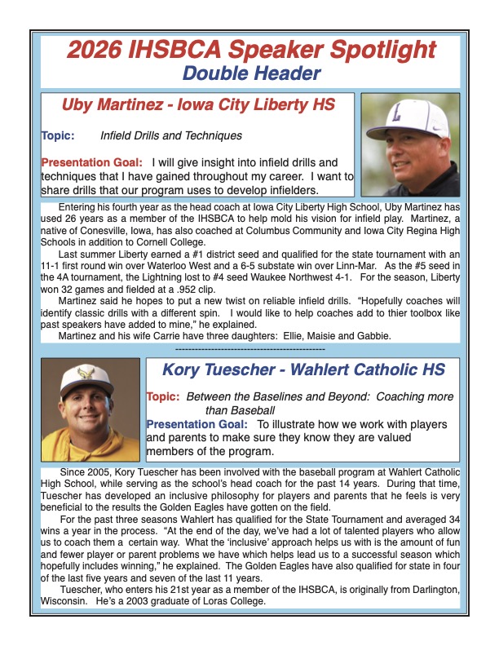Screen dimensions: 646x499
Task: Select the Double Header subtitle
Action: click(250, 74)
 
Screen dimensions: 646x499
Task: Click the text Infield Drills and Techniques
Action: click(170, 135)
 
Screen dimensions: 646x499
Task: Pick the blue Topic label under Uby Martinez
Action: click(58, 135)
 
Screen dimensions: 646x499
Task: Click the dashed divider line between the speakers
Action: click(249, 348)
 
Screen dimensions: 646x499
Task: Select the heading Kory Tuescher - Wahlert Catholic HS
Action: click(303, 369)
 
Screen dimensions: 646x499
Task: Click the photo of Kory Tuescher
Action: click(90, 409)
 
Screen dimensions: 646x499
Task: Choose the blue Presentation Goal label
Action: click(197, 424)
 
